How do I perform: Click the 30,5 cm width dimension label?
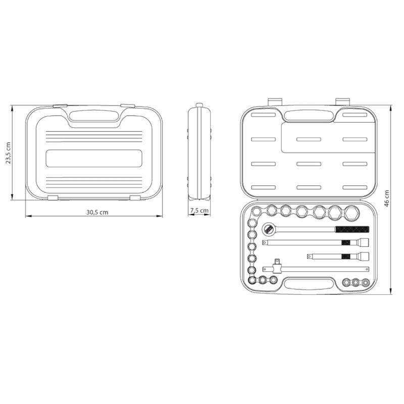97,212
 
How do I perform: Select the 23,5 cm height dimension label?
9,153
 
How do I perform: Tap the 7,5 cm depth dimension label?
199,211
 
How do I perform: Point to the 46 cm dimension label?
386,198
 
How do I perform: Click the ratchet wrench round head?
269,229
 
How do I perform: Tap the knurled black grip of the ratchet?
352,229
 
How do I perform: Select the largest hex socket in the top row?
351,213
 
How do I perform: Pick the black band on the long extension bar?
346,242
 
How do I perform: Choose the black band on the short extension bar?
346,257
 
